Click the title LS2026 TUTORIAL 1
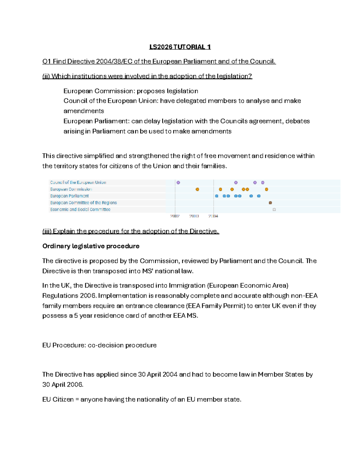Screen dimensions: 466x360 point(180,47)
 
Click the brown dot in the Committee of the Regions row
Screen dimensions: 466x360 point(270,203)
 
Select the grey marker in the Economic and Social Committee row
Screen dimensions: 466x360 point(274,209)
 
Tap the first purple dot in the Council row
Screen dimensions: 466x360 point(178,182)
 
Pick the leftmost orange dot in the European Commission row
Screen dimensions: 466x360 point(197,189)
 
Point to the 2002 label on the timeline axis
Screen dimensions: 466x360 point(175,216)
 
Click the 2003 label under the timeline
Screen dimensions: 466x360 point(194,216)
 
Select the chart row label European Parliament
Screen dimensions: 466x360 point(69,196)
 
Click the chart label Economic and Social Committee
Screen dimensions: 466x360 point(80,209)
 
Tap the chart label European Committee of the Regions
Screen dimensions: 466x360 point(83,203)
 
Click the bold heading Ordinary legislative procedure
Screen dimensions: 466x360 point(91,246)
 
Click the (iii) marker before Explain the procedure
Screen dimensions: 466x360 point(47,231)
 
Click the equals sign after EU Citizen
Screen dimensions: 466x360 point(77,399)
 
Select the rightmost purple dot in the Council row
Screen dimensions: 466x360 point(263,182)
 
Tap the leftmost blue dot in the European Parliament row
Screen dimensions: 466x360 point(217,196)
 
